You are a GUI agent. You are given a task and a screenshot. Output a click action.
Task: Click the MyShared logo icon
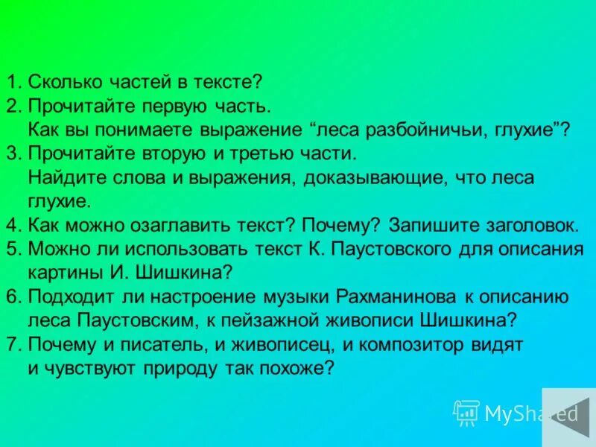466,413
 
